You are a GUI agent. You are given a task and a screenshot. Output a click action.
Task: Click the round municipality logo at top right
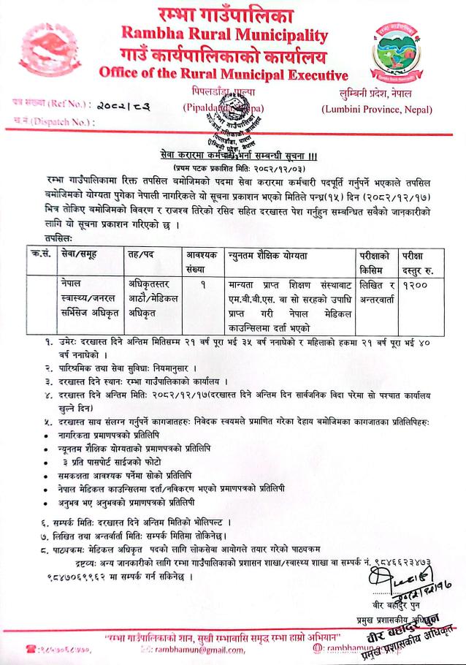pyautogui.click(x=394, y=50)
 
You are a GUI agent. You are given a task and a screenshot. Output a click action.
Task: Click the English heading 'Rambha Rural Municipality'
pyautogui.click(x=225, y=34)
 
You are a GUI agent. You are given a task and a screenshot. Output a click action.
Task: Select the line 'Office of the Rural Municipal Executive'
pyautogui.click(x=224, y=74)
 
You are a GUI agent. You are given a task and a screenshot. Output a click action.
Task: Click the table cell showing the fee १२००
pyautogui.click(x=414, y=283)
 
